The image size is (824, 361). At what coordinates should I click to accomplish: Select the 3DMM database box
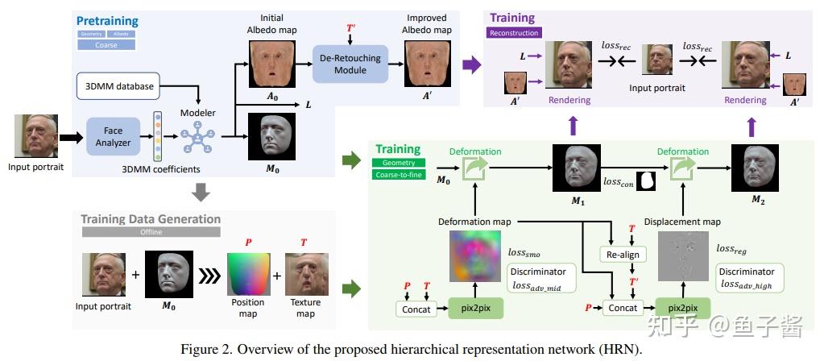(118, 84)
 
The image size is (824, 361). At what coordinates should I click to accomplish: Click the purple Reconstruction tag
(514, 33)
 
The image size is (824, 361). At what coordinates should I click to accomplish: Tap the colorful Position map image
(248, 273)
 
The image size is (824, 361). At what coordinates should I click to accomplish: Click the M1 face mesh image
(573, 169)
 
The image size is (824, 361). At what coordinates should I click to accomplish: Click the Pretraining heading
(107, 19)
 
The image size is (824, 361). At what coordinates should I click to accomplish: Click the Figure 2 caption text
(412, 349)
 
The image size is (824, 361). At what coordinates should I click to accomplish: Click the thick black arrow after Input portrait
(72, 138)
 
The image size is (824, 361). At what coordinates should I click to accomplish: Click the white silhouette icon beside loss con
(646, 182)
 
